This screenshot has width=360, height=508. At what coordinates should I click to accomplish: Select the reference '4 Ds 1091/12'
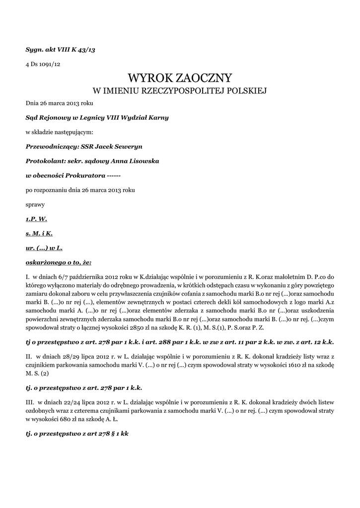coord(43,64)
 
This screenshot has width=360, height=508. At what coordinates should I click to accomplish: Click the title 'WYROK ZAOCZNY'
coord(180,78)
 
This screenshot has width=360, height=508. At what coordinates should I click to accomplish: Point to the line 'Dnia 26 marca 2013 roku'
coord(59,103)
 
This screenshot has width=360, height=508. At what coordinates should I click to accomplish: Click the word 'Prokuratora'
coord(85,176)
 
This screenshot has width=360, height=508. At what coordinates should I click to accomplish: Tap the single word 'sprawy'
coord(35,204)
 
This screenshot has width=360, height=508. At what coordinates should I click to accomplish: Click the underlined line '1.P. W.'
coord(36,218)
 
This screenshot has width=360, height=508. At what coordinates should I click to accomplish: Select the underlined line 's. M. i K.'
coord(39,233)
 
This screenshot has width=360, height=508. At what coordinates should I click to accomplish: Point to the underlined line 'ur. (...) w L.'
coord(44,247)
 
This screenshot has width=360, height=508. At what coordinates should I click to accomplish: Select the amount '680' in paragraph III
coord(70,419)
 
